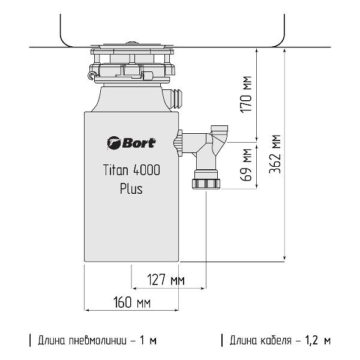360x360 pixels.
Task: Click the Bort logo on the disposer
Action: [x=131, y=143]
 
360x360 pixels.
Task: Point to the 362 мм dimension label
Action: [x=275, y=154]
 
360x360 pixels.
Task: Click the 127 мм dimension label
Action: [x=166, y=280]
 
